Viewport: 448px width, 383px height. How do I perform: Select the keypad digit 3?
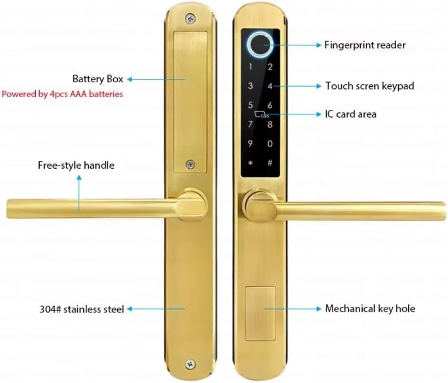[x=250, y=86]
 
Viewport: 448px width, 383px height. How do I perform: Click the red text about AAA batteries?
[x=62, y=94]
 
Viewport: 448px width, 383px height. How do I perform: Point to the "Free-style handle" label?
[x=76, y=165]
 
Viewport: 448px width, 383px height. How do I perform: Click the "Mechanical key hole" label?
[x=370, y=309]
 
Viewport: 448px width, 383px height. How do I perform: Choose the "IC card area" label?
[x=350, y=114]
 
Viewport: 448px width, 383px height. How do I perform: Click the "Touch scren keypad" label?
[x=370, y=86]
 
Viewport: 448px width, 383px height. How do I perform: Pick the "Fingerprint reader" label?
[x=365, y=45]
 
